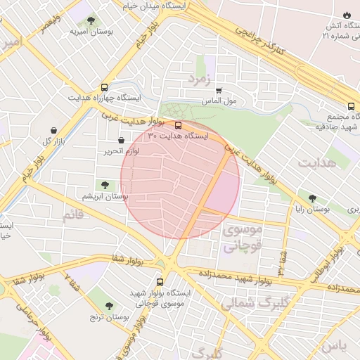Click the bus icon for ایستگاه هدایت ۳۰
pyautogui.click(x=177, y=126)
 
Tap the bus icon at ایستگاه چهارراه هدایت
pyautogui.click(x=105, y=88)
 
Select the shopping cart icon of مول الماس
pyautogui.click(x=219, y=91)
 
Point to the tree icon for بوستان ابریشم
pyautogui.click(x=105, y=186)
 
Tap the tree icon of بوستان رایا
pyautogui.click(x=312, y=198)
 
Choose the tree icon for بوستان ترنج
pyautogui.click(x=108, y=306)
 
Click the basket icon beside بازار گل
pyautogui.click(x=54, y=130)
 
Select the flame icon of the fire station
pyautogui.click(x=346, y=15)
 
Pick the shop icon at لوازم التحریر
pyautogui.click(x=121, y=140)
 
